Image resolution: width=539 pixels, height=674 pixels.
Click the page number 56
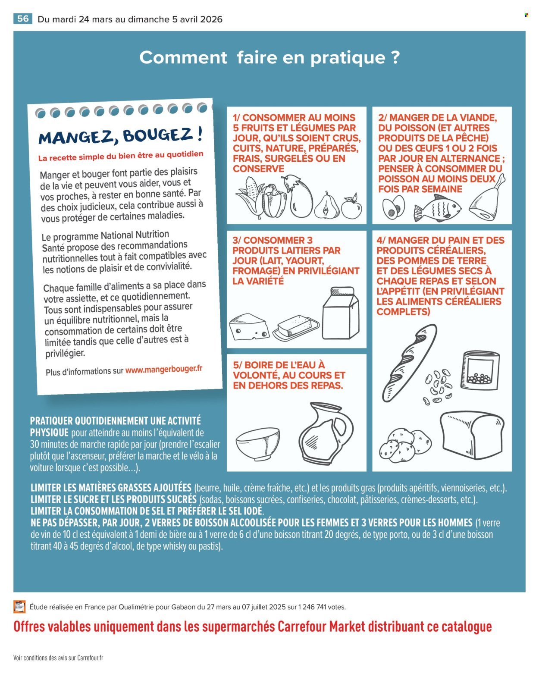[x=23, y=19]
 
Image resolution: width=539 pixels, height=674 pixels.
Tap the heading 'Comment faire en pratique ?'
[x=269, y=57]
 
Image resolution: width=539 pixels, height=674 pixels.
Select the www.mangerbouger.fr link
[x=163, y=370]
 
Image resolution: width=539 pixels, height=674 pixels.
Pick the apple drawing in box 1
[x=351, y=207]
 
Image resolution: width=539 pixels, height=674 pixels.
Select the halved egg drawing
[x=393, y=207]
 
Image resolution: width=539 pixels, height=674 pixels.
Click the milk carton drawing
[x=341, y=313]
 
